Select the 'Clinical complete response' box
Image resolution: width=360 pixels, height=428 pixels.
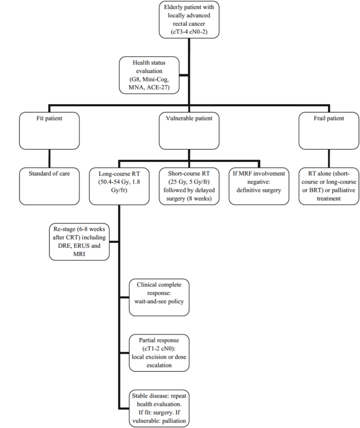point(159,297)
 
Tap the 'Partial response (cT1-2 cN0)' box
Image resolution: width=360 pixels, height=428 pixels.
point(159,353)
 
